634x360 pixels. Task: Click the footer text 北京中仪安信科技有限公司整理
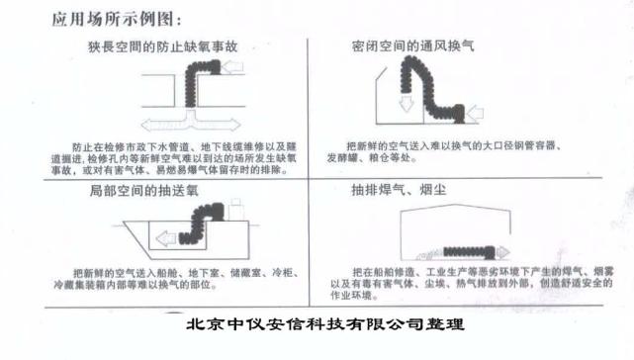(324, 322)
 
